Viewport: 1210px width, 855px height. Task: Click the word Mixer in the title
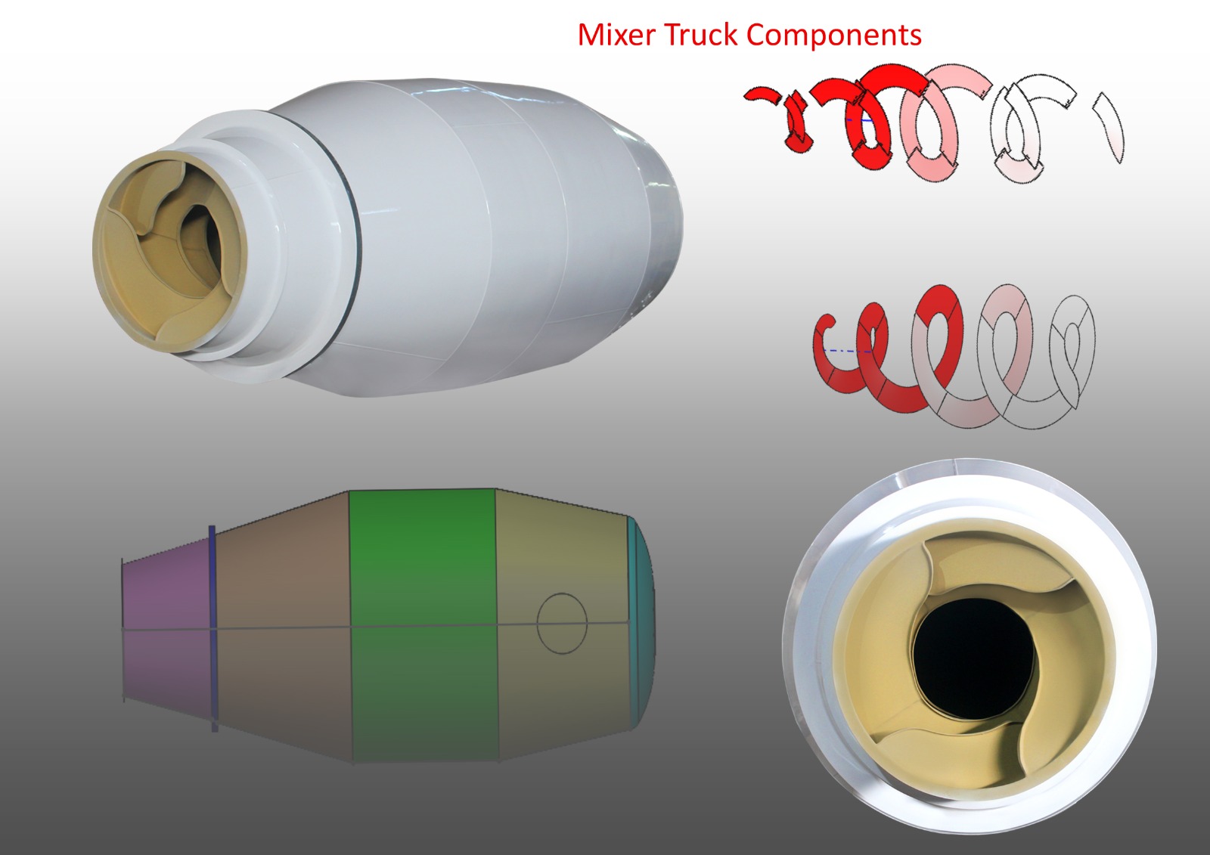(x=617, y=35)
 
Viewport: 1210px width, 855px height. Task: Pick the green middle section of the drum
(x=423, y=625)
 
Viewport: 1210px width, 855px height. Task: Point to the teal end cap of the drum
(x=643, y=624)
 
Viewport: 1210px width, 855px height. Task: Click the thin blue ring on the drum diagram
(x=213, y=629)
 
